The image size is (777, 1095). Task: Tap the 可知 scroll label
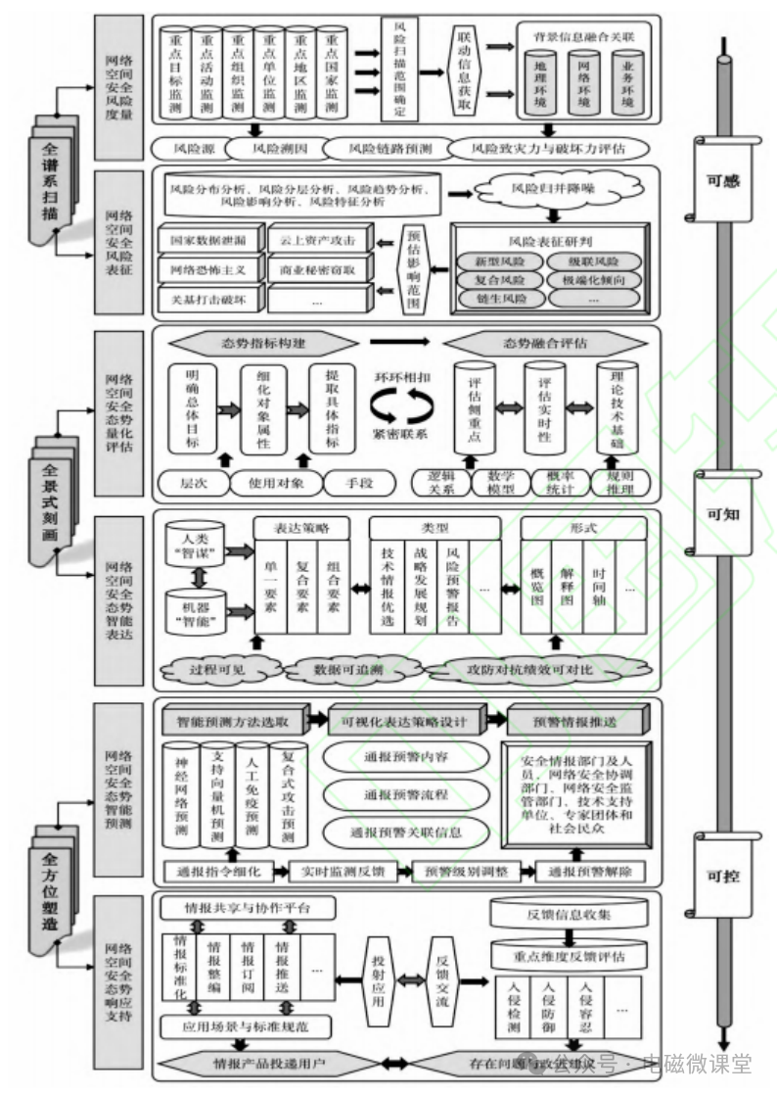(723, 512)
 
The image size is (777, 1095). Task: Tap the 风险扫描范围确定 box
(398, 70)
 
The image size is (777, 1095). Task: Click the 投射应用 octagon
(378, 980)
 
